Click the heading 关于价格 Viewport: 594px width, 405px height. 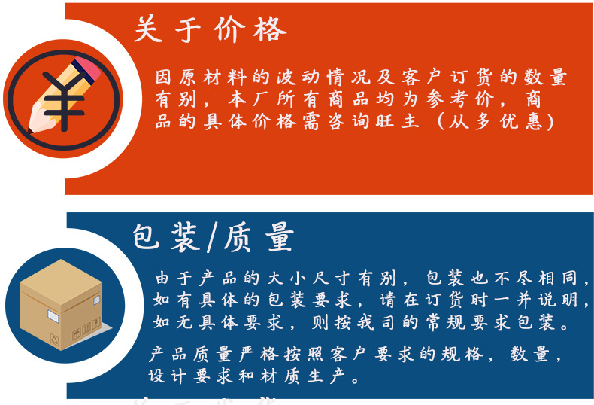pyautogui.click(x=210, y=29)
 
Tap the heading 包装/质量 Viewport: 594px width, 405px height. pyautogui.click(x=213, y=236)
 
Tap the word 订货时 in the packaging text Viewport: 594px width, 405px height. pyautogui.click(x=447, y=300)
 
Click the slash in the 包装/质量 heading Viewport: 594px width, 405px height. pyautogui.click(x=210, y=237)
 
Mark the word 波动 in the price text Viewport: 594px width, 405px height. pyautogui.click(x=301, y=78)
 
